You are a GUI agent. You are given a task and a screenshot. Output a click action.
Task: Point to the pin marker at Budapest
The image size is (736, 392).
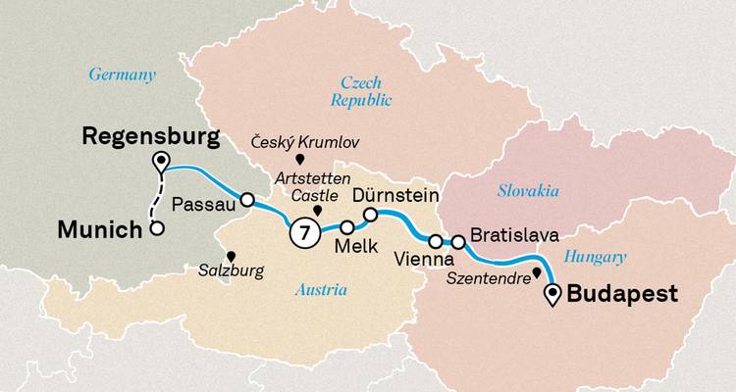pyautogui.click(x=555, y=292)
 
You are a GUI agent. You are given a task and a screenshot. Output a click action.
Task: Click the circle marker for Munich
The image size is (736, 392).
pyautogui.click(x=155, y=230)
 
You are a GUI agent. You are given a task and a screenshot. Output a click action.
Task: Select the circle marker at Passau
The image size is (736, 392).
pyautogui.click(x=247, y=200)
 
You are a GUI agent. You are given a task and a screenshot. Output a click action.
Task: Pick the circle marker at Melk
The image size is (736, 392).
pyautogui.click(x=345, y=227)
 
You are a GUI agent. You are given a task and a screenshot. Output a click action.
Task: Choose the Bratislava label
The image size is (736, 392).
pyautogui.click(x=515, y=236)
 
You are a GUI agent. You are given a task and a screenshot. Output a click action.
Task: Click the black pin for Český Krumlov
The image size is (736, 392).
pyautogui.click(x=300, y=159)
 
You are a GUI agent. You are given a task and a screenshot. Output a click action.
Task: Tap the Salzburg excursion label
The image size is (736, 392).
pyautogui.click(x=233, y=270)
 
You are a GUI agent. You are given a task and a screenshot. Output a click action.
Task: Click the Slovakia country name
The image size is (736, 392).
pyautogui.click(x=527, y=190)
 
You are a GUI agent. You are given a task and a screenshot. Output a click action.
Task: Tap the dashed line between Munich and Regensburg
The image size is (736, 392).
pyautogui.click(x=157, y=201)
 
